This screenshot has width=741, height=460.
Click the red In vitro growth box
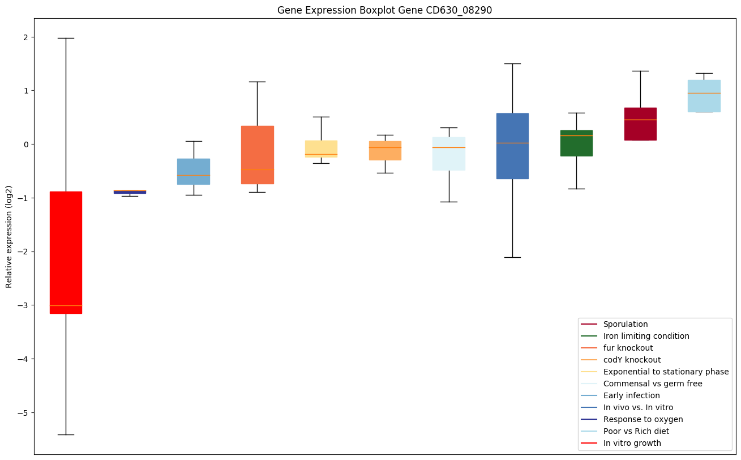66,252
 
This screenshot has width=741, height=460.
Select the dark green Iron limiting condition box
576,143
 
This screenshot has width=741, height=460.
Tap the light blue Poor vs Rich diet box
704,96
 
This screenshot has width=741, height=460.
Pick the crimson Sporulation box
640,123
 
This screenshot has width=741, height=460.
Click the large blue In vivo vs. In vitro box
512,146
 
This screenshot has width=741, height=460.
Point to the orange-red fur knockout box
257,155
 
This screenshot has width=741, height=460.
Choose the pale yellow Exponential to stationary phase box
321,148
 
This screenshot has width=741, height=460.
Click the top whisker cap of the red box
66,38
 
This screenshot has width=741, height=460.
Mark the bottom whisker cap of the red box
66,435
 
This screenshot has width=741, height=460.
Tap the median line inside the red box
66,305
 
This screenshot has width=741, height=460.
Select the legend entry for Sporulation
625,324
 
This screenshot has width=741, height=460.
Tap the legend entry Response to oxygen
643,419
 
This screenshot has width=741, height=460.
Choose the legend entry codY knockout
632,360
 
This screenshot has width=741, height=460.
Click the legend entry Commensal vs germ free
652,384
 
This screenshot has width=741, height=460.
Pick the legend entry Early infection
631,395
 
